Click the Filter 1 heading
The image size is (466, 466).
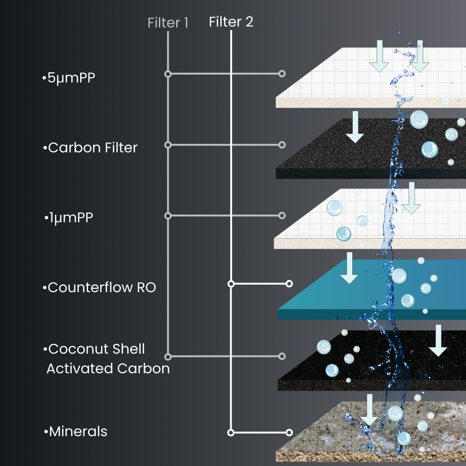(168, 23)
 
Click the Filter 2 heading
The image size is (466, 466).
(231, 22)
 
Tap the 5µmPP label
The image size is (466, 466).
(69, 78)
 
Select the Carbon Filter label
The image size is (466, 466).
(91, 148)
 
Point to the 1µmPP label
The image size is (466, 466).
(69, 218)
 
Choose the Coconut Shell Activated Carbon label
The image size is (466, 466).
(107, 359)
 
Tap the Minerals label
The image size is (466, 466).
(76, 432)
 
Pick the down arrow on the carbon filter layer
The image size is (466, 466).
(355, 127)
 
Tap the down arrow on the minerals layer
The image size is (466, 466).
(370, 410)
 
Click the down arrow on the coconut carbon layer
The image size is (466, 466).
(437, 341)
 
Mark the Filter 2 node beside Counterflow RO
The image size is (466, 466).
(231, 283)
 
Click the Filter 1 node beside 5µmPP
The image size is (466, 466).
(168, 74)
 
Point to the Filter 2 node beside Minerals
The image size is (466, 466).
(231, 432)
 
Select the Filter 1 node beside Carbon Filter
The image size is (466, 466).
(168, 145)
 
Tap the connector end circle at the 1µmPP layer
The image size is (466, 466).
(281, 216)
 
